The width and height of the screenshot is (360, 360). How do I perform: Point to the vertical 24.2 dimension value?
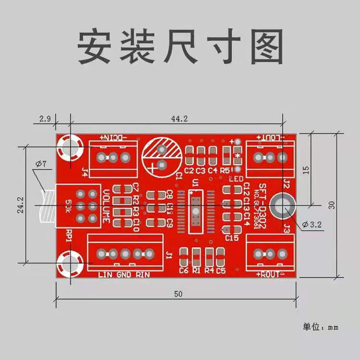pyautogui.click(x=19, y=204)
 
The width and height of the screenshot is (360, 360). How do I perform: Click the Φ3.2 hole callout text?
pyautogui.click(x=311, y=224)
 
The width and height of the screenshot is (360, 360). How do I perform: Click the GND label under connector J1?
pyautogui.click(x=124, y=275)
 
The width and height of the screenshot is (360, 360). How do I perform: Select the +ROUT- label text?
pyautogui.click(x=271, y=274)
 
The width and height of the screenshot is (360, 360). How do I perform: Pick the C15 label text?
pyautogui.click(x=232, y=238)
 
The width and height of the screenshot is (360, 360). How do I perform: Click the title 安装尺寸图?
pyautogui.click(x=180, y=48)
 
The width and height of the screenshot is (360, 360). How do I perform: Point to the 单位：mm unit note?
pyautogui.click(x=320, y=327)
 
